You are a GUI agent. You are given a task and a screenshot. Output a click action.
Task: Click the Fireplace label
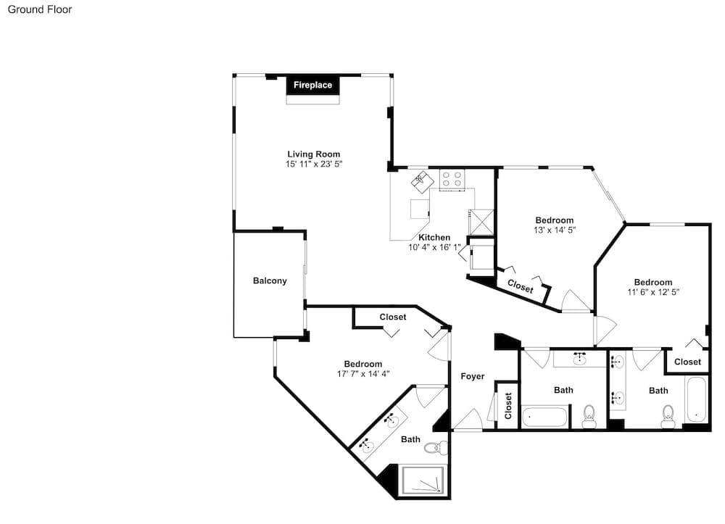tap(312, 85)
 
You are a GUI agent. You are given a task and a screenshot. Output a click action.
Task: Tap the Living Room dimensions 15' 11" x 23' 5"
tap(314, 164)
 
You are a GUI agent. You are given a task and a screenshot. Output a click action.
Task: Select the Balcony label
tap(270, 280)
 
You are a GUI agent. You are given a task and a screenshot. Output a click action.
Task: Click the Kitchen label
tap(434, 238)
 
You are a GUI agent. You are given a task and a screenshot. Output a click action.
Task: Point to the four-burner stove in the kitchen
tap(452, 179)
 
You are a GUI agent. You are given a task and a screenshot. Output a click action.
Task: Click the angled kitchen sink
tap(421, 182)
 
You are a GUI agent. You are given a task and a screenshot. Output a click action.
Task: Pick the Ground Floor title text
tap(40, 9)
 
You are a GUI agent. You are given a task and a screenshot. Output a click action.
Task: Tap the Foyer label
tap(473, 376)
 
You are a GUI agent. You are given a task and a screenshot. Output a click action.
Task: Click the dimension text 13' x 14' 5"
tap(555, 230)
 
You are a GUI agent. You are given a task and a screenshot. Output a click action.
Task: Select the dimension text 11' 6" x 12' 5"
tap(653, 292)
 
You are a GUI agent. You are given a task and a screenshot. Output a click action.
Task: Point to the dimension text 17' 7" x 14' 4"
tap(363, 374)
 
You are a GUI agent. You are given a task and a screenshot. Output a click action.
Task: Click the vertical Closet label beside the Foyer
tap(508, 406)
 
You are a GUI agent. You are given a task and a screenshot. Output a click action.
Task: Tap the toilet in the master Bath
tap(436, 447)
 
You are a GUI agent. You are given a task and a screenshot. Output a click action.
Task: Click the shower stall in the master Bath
tap(423, 481)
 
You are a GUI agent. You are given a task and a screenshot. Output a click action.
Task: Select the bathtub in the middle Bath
tap(544, 417)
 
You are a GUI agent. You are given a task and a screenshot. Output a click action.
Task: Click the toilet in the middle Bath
tap(589, 416)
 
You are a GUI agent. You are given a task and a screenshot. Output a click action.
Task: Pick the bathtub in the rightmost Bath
tap(696, 399)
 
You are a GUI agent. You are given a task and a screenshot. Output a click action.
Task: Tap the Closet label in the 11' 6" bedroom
tap(687, 362)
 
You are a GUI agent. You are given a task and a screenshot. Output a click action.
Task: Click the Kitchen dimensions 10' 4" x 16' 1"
tap(434, 247)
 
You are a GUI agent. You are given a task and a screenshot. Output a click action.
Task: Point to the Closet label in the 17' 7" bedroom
tap(392, 317)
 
